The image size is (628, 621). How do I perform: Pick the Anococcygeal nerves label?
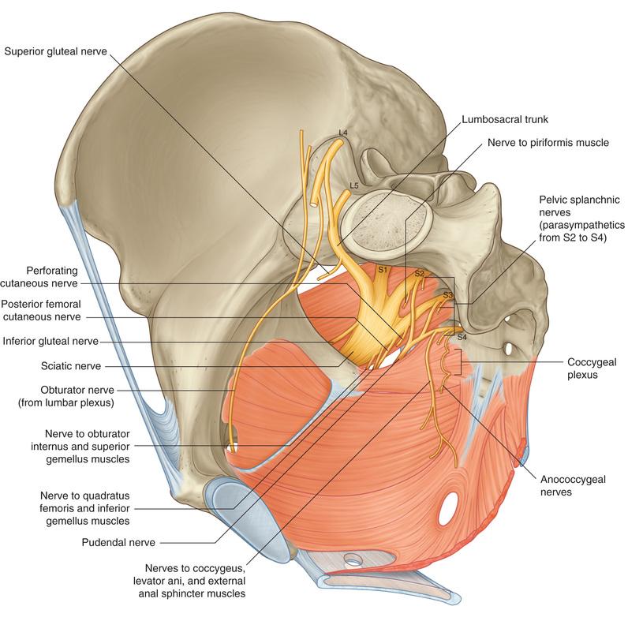click(566, 484)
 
